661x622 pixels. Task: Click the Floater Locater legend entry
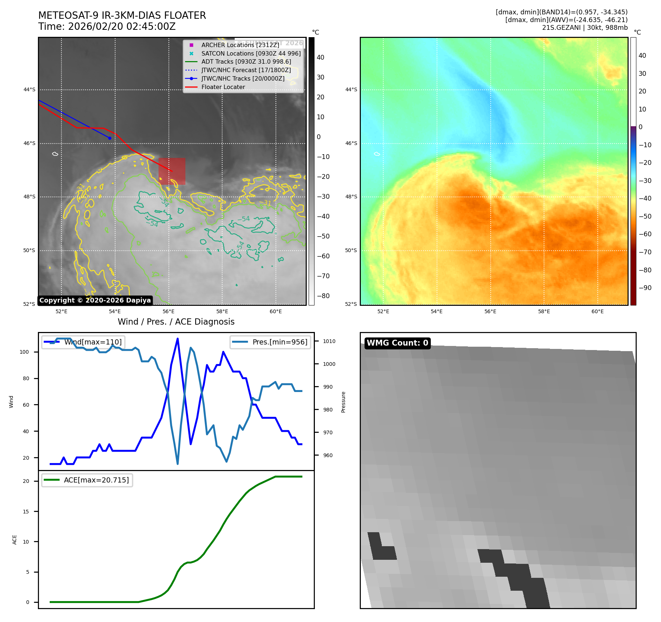coord(223,87)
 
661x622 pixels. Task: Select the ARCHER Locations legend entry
coord(240,45)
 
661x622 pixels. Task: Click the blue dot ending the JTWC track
coord(110,138)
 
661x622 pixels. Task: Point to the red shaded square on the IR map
coord(172,172)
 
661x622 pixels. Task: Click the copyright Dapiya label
coord(95,300)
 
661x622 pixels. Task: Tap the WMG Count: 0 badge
coord(397,343)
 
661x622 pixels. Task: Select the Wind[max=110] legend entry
coord(93,342)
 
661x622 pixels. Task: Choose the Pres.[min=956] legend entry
coord(280,342)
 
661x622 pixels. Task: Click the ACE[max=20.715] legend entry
coord(96,480)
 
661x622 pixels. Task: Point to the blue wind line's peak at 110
coord(178,339)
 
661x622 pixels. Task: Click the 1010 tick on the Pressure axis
coord(329,341)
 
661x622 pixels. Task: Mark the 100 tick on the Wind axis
coord(24,352)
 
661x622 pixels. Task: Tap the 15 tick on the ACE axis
coord(26,512)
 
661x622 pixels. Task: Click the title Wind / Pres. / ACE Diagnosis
coord(176,322)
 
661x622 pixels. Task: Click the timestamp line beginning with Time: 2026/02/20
coord(107,26)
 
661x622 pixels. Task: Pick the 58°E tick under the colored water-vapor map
coord(544,311)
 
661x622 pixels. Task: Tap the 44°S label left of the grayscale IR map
coord(29,89)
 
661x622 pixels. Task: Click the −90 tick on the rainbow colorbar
coord(645,288)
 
